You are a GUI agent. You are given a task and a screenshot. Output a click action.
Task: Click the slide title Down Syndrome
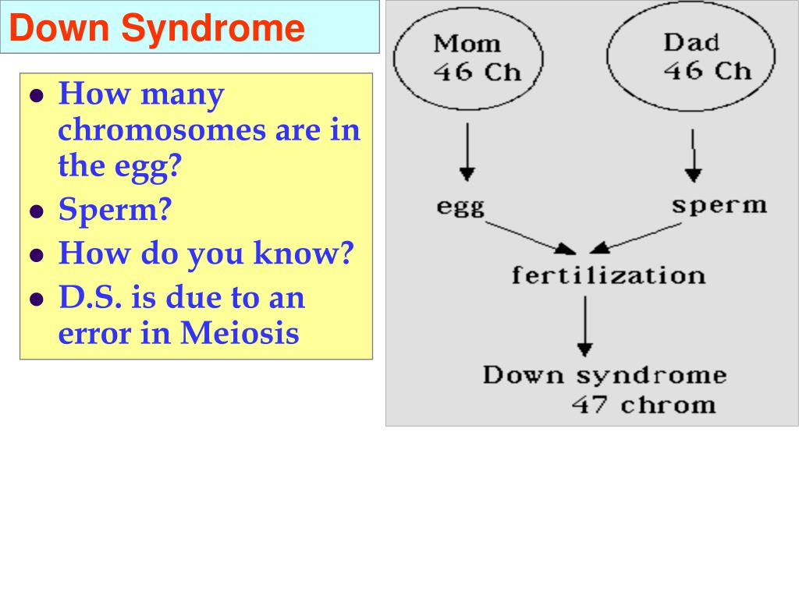[157, 28]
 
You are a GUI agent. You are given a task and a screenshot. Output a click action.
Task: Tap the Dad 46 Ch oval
[691, 58]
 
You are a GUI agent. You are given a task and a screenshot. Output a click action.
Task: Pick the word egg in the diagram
[460, 207]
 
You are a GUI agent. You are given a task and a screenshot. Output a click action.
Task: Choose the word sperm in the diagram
[719, 205]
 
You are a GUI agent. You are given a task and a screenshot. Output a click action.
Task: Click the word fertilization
[609, 275]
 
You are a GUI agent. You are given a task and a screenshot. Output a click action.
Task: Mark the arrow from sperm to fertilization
[636, 237]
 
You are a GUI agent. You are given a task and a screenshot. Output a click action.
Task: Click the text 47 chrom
[643, 405]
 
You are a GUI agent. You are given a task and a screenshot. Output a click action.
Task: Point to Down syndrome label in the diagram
[605, 375]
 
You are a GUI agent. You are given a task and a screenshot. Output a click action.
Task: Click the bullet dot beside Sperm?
[36, 211]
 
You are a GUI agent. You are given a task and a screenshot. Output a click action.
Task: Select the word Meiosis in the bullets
[240, 334]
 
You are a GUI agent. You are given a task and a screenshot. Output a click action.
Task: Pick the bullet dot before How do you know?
[36, 255]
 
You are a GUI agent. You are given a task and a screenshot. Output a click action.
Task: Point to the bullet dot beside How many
[36, 97]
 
